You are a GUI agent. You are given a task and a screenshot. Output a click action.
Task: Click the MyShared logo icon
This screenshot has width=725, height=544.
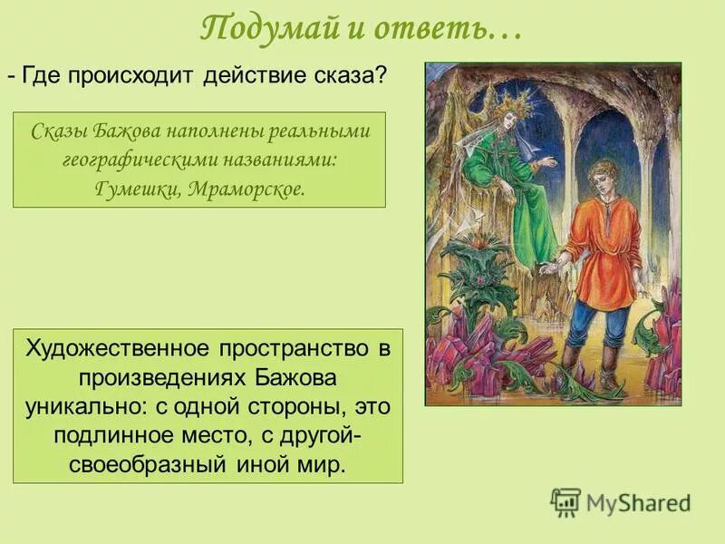click(565, 502)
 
